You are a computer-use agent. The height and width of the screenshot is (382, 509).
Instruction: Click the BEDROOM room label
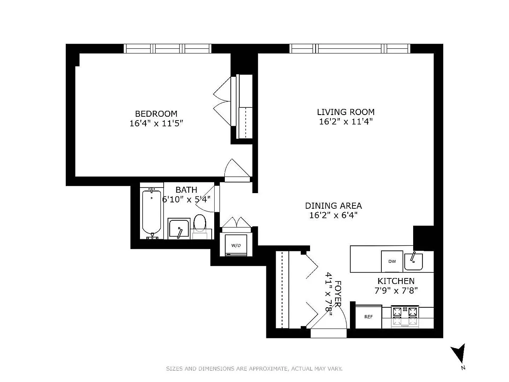(156, 114)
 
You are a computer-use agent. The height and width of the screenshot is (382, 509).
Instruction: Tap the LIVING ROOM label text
(346, 112)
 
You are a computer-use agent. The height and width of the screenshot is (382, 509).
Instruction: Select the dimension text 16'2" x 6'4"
(333, 215)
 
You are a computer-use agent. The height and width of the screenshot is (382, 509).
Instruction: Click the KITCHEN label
(396, 281)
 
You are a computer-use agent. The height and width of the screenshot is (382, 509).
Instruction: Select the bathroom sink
(179, 229)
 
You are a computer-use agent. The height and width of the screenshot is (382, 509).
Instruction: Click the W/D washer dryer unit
(236, 245)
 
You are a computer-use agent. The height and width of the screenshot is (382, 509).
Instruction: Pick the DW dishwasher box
(392, 261)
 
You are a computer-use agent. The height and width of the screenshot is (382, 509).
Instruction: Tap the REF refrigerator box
(369, 317)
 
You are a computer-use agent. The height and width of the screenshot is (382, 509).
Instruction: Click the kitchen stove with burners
(405, 316)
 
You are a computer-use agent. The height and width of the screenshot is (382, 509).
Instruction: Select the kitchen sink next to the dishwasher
(413, 261)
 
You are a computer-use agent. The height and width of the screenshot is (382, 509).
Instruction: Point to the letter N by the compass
(463, 368)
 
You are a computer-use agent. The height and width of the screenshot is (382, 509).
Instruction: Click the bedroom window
(168, 49)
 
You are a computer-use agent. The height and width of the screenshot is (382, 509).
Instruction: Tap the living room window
(350, 49)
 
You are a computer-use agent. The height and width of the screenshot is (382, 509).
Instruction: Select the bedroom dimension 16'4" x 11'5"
(156, 124)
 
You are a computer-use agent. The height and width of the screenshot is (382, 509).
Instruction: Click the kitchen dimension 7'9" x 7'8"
(396, 291)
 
